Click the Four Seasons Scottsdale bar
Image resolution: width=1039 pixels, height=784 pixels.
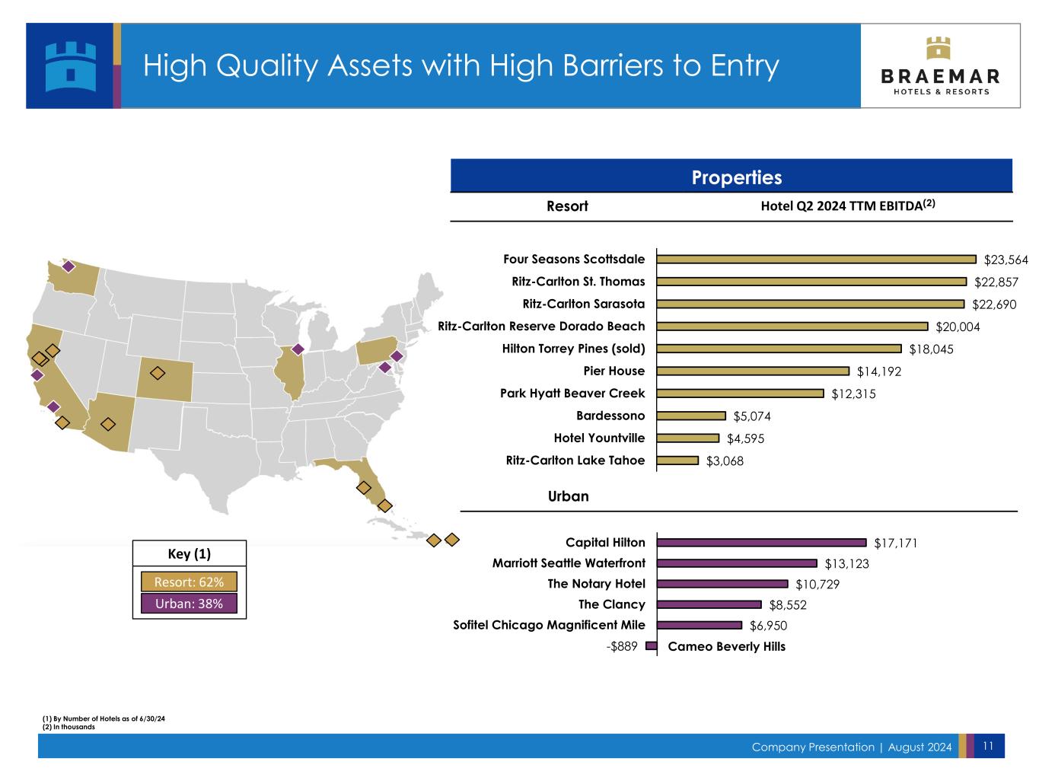(x=816, y=260)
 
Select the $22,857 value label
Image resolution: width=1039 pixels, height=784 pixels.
(x=996, y=282)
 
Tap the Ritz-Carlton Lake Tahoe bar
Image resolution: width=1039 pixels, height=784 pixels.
(x=677, y=461)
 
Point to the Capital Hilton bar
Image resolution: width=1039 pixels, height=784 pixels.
(x=761, y=543)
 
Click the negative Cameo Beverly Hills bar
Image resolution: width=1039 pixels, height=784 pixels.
(x=652, y=646)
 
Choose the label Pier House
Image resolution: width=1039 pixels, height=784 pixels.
(x=614, y=371)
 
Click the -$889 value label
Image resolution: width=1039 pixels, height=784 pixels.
(x=622, y=646)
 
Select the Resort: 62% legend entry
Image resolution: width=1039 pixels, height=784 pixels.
(x=189, y=582)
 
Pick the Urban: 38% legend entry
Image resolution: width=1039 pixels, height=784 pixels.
(x=189, y=604)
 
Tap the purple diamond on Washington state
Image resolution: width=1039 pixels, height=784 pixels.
(x=68, y=266)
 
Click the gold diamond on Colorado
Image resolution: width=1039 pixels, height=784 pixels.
(x=158, y=373)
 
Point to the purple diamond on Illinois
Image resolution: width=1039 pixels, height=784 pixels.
(x=298, y=349)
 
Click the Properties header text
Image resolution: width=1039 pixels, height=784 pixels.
(x=736, y=178)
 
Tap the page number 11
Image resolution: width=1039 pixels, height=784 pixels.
(x=988, y=747)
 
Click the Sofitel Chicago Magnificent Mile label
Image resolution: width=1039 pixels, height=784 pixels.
(x=549, y=626)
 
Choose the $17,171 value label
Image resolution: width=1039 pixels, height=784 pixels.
(x=896, y=543)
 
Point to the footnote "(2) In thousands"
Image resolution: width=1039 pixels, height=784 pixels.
(x=69, y=727)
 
